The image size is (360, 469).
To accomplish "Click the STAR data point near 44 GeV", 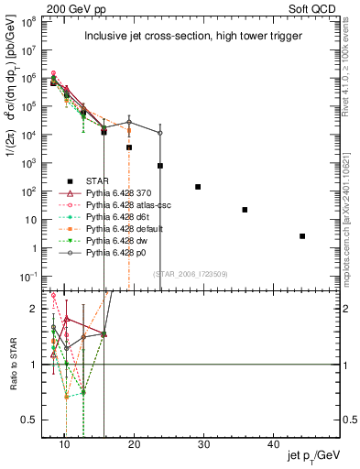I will click(302, 236).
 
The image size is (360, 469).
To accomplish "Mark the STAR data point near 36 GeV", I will click(245, 210).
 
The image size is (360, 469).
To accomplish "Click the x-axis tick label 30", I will click(203, 443).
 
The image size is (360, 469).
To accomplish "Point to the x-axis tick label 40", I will click(273, 443).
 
